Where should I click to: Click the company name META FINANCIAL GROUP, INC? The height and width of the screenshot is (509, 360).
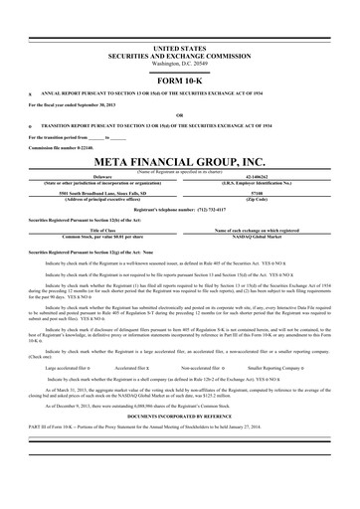pyautogui.click(x=180, y=161)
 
